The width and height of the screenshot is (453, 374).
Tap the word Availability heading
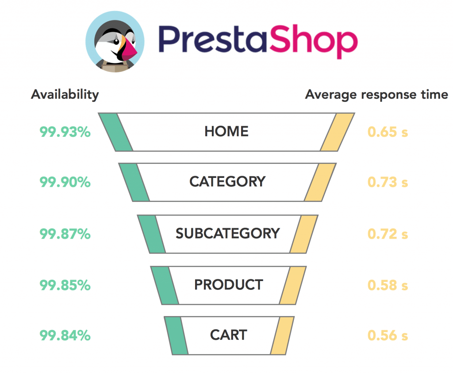click(x=65, y=95)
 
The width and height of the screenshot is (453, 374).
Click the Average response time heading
click(x=376, y=95)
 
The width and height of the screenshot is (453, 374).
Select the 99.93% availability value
click(x=65, y=132)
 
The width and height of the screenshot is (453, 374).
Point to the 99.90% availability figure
click(x=65, y=182)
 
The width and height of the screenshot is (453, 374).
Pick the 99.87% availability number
click(x=65, y=234)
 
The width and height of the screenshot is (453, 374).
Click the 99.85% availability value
click(x=65, y=285)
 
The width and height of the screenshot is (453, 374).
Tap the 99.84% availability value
click(x=65, y=335)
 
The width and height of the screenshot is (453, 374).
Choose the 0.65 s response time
click(x=388, y=132)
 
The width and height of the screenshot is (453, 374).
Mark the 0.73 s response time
click(x=388, y=182)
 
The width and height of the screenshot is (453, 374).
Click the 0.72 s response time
click(x=388, y=234)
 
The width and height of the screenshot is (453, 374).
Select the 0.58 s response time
click(x=388, y=285)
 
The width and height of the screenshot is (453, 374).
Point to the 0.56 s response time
click(x=388, y=335)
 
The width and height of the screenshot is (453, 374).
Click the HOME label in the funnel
click(x=226, y=131)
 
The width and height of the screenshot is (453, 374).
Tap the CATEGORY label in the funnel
click(x=227, y=181)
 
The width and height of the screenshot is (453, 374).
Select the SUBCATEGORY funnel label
click(x=228, y=233)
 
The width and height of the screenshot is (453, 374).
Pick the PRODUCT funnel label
click(x=229, y=285)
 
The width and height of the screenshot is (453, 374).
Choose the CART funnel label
click(x=229, y=335)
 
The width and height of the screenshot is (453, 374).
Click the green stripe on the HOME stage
click(x=115, y=132)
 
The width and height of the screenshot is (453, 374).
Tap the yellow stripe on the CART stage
click(x=282, y=335)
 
